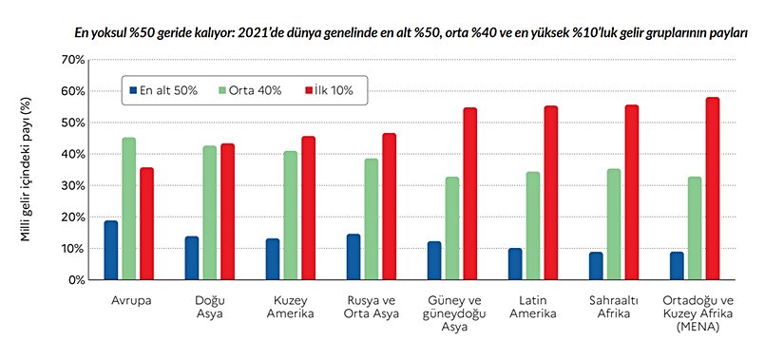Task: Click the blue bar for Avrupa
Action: click(111, 250)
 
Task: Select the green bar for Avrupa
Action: click(129, 209)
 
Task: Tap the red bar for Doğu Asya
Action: click(227, 212)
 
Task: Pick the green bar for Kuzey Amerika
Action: click(291, 216)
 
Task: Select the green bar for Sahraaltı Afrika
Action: click(614, 224)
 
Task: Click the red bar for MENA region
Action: click(713, 188)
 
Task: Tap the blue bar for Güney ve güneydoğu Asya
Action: click(434, 260)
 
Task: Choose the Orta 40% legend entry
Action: click(249, 91)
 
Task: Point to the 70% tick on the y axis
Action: click(72, 60)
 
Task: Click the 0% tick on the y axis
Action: click(76, 280)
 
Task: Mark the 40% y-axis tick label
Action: click(72, 154)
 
